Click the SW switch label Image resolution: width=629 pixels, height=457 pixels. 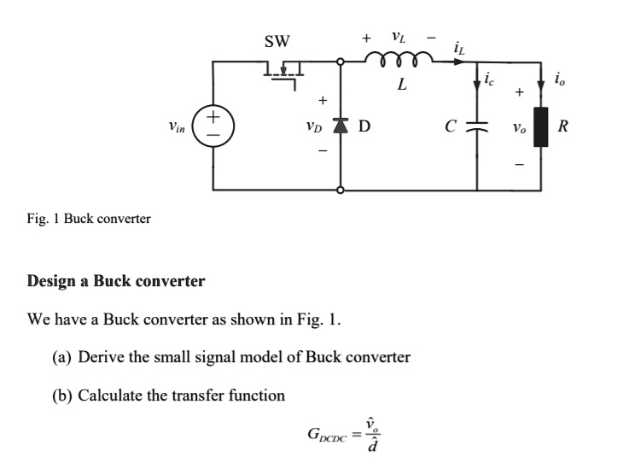click(x=277, y=40)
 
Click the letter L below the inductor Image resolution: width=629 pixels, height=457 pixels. click(x=401, y=85)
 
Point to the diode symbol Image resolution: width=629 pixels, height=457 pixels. click(x=341, y=128)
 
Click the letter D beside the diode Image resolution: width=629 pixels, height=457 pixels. click(x=364, y=128)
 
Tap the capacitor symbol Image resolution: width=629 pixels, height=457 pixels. click(x=477, y=127)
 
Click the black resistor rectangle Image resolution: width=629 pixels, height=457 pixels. click(x=540, y=126)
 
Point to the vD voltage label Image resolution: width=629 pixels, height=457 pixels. click(x=315, y=128)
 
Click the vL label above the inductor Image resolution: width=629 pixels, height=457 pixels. click(x=398, y=37)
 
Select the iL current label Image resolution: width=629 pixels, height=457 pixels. click(x=459, y=48)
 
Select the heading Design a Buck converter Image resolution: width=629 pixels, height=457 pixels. click(x=116, y=280)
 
